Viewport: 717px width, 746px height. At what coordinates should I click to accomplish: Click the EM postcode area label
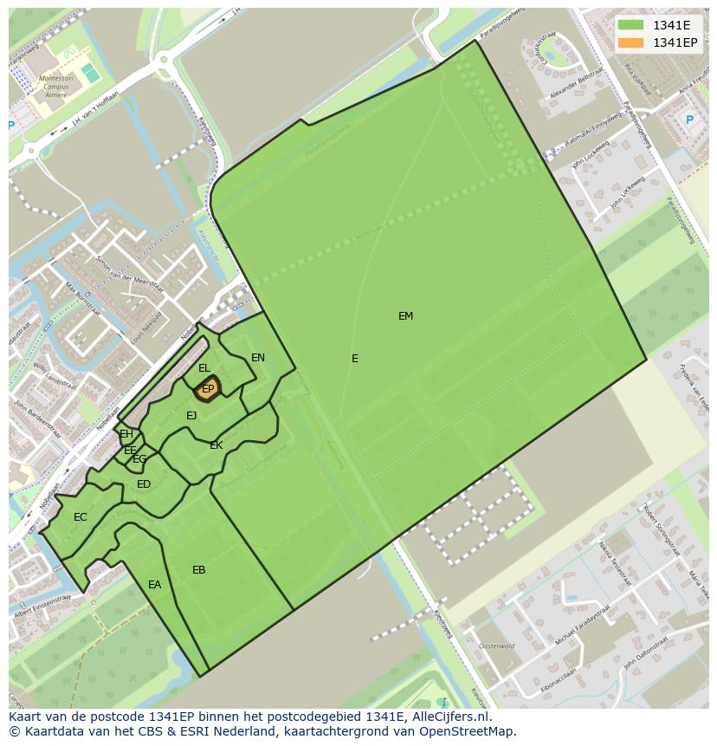405,316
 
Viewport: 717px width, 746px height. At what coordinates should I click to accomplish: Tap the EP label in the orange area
208,390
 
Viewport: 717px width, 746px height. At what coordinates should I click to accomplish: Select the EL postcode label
204,368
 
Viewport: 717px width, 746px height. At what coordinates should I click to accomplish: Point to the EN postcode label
258,358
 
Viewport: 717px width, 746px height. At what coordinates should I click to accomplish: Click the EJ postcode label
191,416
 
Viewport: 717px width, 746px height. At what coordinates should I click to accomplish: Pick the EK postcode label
216,445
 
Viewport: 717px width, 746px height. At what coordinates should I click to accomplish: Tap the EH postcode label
126,434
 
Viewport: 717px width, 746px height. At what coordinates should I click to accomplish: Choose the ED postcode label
144,484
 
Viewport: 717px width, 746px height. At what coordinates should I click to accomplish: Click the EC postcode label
81,517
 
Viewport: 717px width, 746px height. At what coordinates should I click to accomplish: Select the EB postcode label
199,570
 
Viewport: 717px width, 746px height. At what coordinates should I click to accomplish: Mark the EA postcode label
154,585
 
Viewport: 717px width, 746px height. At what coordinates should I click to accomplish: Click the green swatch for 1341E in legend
630,25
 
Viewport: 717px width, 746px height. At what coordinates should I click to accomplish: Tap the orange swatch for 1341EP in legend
630,42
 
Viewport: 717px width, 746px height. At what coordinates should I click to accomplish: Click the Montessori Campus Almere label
54,84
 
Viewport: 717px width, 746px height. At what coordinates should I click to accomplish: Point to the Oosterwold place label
497,645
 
